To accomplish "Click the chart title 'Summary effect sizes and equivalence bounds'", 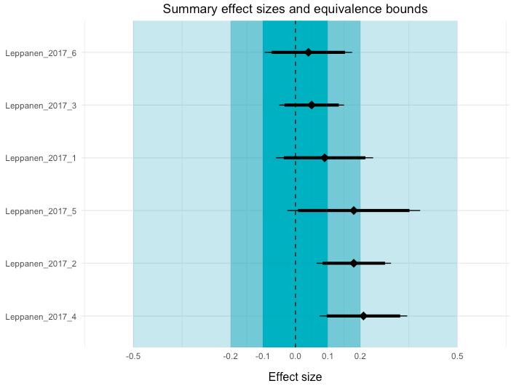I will coord(295,9).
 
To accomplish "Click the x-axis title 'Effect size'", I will coord(295,377).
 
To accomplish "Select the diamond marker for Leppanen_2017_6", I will coord(309,52).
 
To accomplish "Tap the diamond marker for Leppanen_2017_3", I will coord(312,105).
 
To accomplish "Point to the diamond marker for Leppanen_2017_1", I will coord(325,157).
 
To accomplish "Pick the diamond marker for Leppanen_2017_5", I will coord(354,210).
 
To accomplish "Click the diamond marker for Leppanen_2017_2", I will coord(354,263).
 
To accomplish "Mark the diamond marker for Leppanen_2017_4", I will coord(363,316).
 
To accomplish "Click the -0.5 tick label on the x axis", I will coord(132,356).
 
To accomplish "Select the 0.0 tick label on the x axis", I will coord(295,356).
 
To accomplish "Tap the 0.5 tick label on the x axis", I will coord(457,356).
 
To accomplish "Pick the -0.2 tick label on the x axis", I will coord(230,356).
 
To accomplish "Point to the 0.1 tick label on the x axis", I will coord(328,356).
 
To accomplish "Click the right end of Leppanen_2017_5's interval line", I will coord(420,210).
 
